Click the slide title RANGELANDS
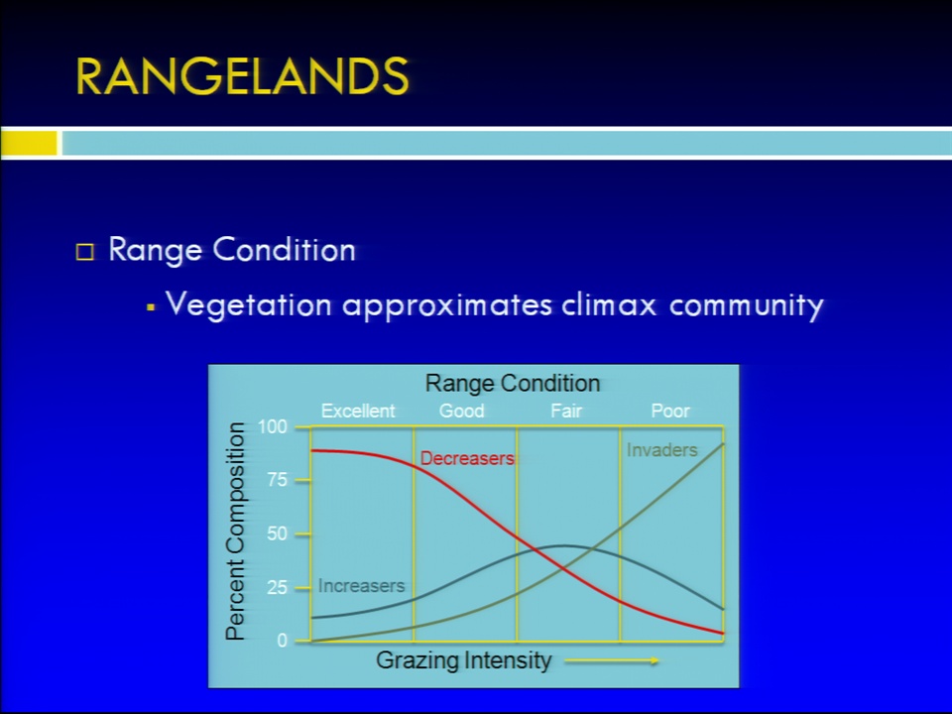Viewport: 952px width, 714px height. click(x=242, y=76)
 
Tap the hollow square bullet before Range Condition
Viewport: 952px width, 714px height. click(x=85, y=252)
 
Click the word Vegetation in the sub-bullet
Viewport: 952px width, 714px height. click(x=249, y=304)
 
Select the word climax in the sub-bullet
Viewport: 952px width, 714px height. click(x=609, y=304)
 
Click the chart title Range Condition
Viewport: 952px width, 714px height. click(x=513, y=384)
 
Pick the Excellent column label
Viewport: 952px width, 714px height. click(x=358, y=411)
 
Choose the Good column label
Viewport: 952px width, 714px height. click(x=461, y=411)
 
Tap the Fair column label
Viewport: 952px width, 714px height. click(x=566, y=411)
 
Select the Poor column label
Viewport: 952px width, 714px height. click(x=670, y=411)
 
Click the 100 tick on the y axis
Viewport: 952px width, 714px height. click(x=272, y=426)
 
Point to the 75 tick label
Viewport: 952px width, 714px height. click(x=277, y=480)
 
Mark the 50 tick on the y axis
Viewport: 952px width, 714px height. click(x=277, y=534)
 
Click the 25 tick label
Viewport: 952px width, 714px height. click(x=277, y=587)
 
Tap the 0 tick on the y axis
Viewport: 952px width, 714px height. click(x=282, y=641)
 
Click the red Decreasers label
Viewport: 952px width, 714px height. click(x=467, y=458)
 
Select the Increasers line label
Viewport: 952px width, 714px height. click(x=361, y=586)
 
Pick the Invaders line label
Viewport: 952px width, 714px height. click(x=661, y=450)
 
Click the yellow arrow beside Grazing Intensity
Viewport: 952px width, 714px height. click(x=612, y=660)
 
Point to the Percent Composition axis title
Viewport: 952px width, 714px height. click(x=235, y=532)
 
